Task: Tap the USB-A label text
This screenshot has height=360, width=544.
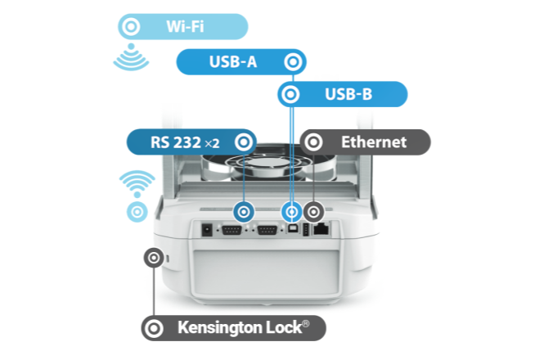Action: click(235, 61)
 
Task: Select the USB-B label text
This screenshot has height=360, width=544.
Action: click(348, 95)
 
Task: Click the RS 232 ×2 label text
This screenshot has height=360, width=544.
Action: click(185, 142)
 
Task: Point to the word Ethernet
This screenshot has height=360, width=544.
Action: click(373, 142)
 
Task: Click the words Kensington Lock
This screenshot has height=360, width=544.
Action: click(243, 329)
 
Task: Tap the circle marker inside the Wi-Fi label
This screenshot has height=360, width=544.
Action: click(130, 26)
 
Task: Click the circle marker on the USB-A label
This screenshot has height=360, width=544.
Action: click(292, 61)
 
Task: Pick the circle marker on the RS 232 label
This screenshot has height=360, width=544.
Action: click(241, 142)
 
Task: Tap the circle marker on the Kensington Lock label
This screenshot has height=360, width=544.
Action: click(153, 329)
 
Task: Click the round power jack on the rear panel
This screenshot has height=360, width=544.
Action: click(208, 230)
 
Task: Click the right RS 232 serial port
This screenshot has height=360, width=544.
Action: click(266, 231)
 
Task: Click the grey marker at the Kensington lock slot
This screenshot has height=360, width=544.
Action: click(153, 258)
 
